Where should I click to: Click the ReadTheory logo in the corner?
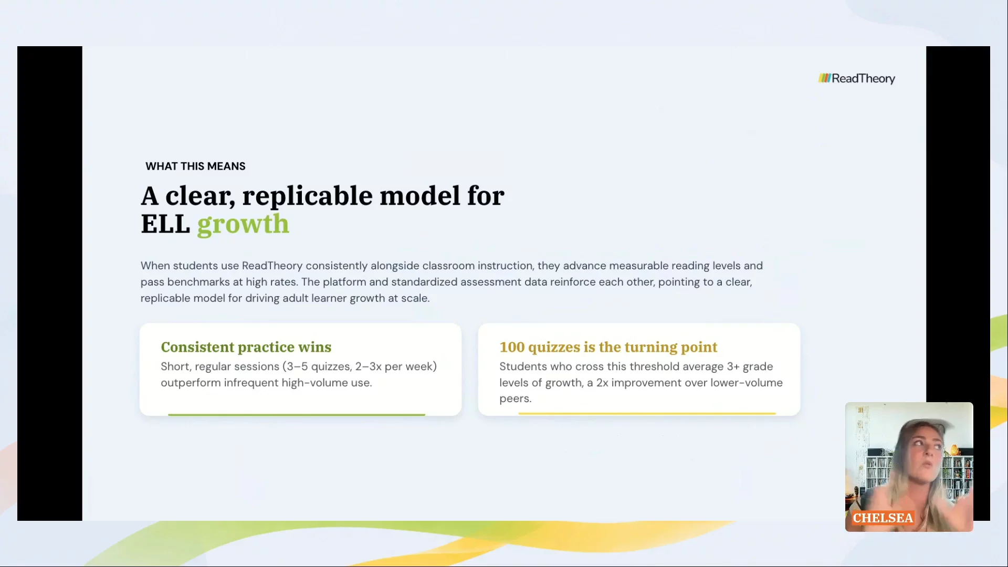pyautogui.click(x=857, y=79)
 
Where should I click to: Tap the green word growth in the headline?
pyautogui.click(x=243, y=225)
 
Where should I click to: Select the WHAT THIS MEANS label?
pyautogui.click(x=195, y=166)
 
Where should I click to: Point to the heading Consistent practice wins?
pyautogui.click(x=246, y=347)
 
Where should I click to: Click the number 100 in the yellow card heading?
pyautogui.click(x=512, y=347)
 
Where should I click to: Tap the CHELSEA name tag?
pyautogui.click(x=883, y=518)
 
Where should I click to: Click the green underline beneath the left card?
pyautogui.click(x=297, y=415)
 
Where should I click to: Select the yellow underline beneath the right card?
pyautogui.click(x=647, y=414)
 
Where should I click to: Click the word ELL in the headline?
pyautogui.click(x=165, y=225)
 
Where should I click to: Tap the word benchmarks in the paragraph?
pyautogui.click(x=198, y=282)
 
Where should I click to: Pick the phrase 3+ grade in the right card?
pyautogui.click(x=750, y=367)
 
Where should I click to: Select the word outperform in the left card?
pyautogui.click(x=191, y=383)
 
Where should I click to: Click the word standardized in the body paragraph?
pyautogui.click(x=424, y=282)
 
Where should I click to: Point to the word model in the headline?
pyautogui.click(x=420, y=196)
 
